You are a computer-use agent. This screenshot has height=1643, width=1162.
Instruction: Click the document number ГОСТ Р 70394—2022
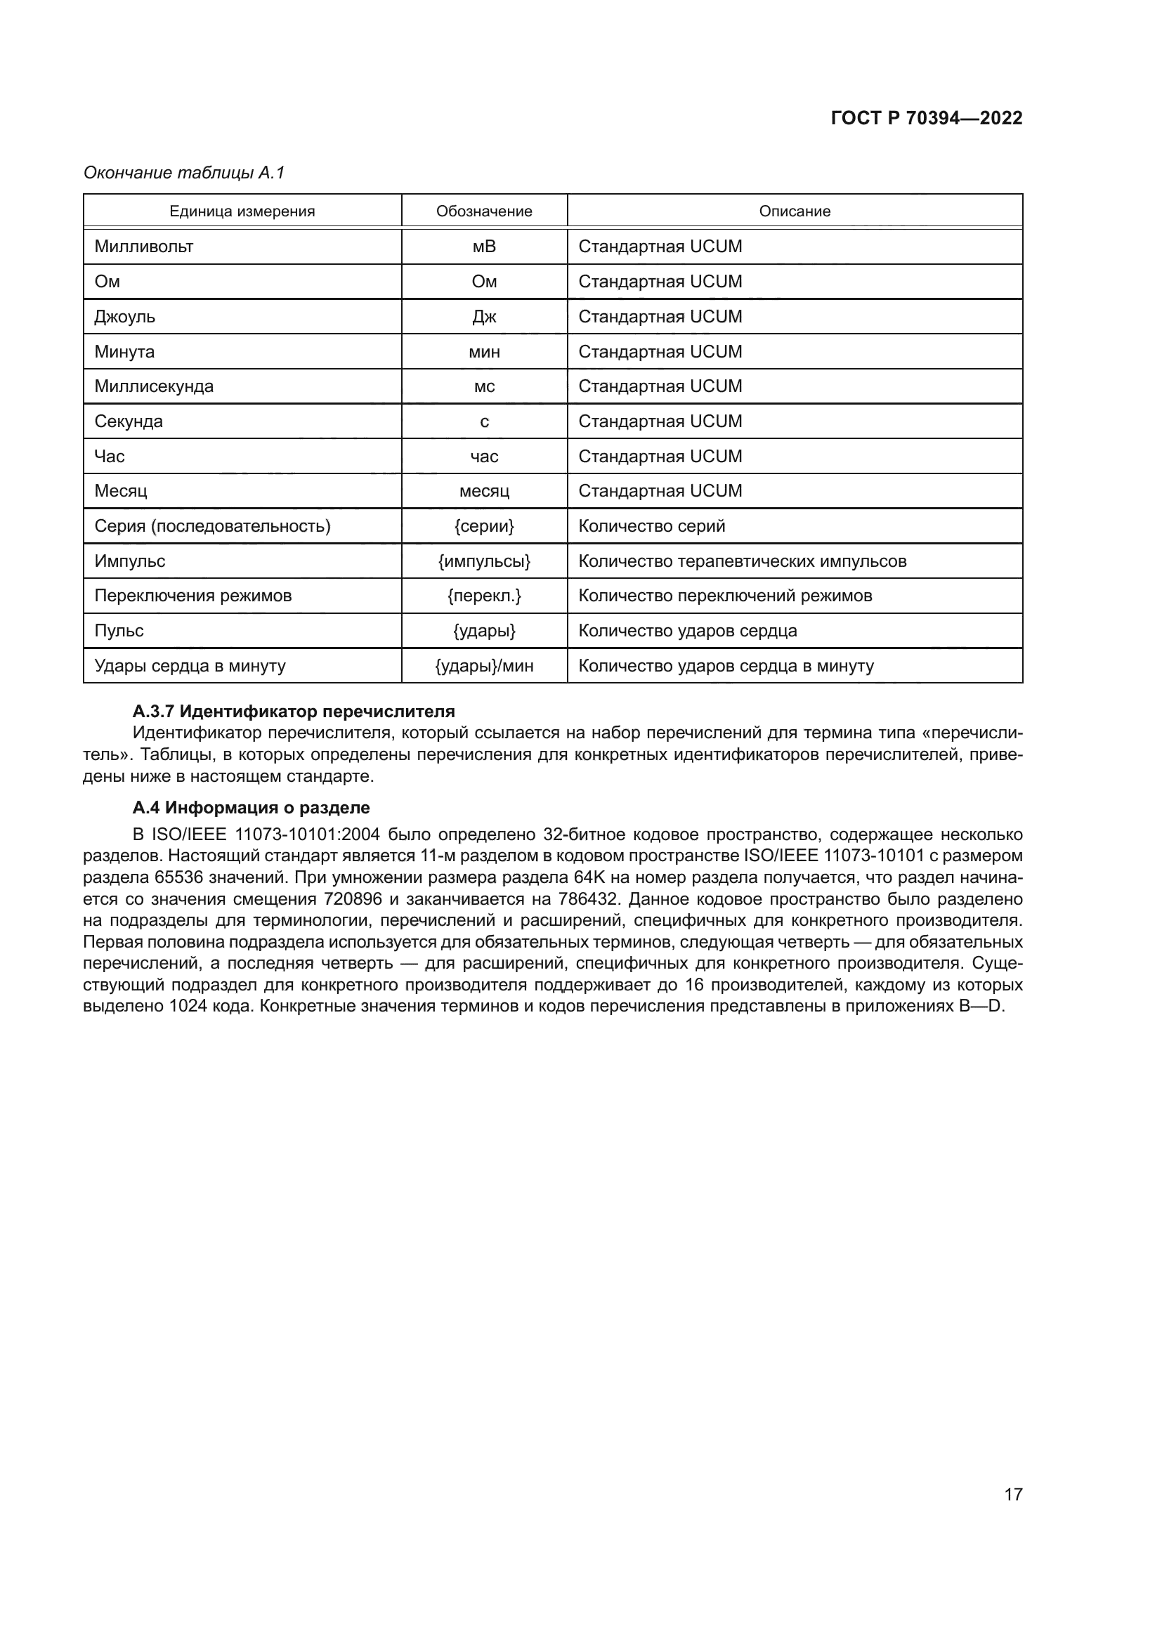[927, 118]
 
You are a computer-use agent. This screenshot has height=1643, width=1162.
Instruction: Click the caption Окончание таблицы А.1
[184, 173]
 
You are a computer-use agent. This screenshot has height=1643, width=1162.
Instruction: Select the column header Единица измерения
[242, 211]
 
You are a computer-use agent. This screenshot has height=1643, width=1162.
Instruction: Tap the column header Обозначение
[485, 211]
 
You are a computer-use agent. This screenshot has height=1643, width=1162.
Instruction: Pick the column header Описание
[795, 211]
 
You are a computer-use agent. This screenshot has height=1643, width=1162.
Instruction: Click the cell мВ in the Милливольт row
[485, 246]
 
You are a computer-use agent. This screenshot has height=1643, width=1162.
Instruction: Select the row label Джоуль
[124, 316]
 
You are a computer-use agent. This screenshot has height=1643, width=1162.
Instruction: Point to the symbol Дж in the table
[485, 316]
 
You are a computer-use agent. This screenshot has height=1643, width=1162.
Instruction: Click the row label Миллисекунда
[154, 386]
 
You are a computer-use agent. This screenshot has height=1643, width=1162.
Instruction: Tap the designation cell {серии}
[485, 526]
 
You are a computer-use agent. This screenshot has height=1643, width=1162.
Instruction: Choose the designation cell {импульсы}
[485, 561]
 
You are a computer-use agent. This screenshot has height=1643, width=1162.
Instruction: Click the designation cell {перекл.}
[485, 596]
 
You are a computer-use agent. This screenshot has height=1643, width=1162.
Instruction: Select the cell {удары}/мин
[485, 665]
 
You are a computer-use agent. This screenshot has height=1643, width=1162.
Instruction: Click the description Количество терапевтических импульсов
[742, 561]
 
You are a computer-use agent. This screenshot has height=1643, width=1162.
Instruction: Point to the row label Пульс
[119, 630]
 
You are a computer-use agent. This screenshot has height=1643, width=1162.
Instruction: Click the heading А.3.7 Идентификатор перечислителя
[294, 712]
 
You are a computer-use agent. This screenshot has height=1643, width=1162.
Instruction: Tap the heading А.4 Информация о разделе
[251, 807]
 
